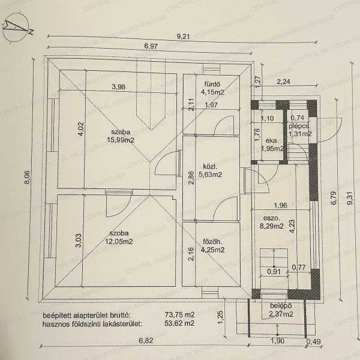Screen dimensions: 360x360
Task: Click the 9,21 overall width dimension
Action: pos(184,37)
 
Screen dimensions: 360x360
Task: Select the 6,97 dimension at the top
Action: pos(151,46)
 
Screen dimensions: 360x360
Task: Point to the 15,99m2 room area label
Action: pos(120,140)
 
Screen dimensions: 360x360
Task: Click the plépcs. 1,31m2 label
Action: pos(298,131)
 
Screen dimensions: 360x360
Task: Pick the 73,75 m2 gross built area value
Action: pos(181,314)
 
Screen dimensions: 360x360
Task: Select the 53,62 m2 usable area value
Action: pos(181,323)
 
